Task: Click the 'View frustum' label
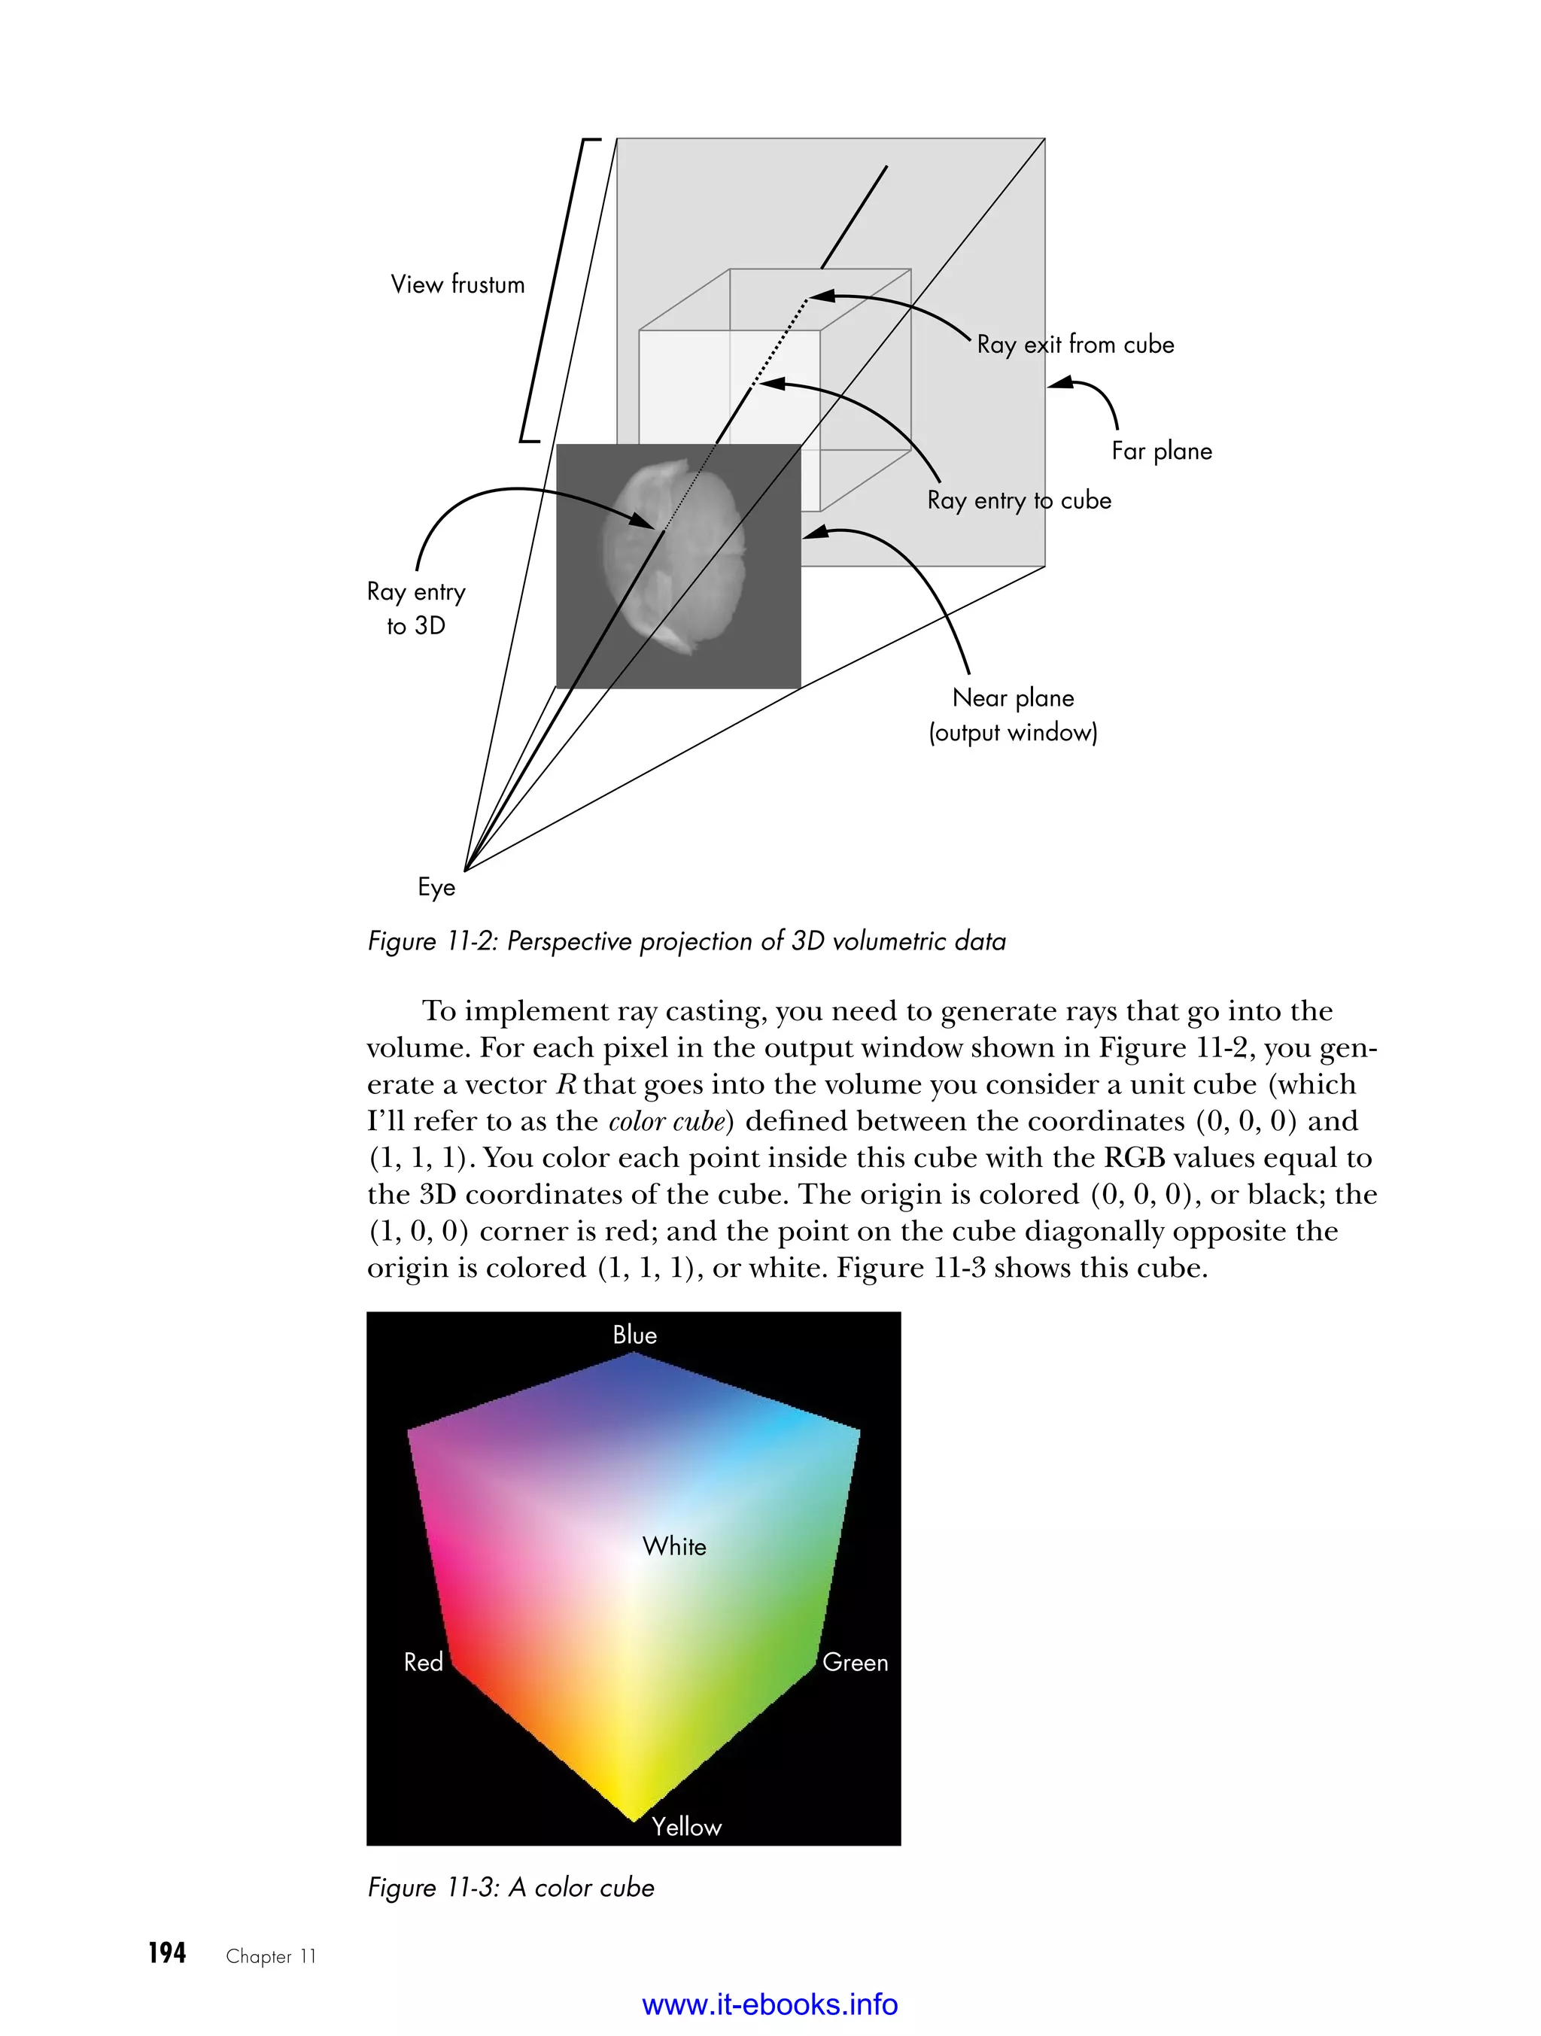pos(457,284)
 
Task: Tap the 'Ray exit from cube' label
pos(1075,345)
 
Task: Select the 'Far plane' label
pos(1161,451)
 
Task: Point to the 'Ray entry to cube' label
pos(1019,500)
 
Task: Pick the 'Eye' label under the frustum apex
pos(436,887)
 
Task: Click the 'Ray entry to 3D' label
pos(416,609)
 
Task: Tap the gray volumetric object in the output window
pos(672,557)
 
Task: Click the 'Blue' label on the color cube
pos(634,1336)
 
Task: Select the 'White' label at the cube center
pos(674,1546)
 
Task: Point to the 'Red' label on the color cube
pos(424,1662)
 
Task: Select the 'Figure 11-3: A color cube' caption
pos(511,1888)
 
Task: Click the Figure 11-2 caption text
pos(685,941)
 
